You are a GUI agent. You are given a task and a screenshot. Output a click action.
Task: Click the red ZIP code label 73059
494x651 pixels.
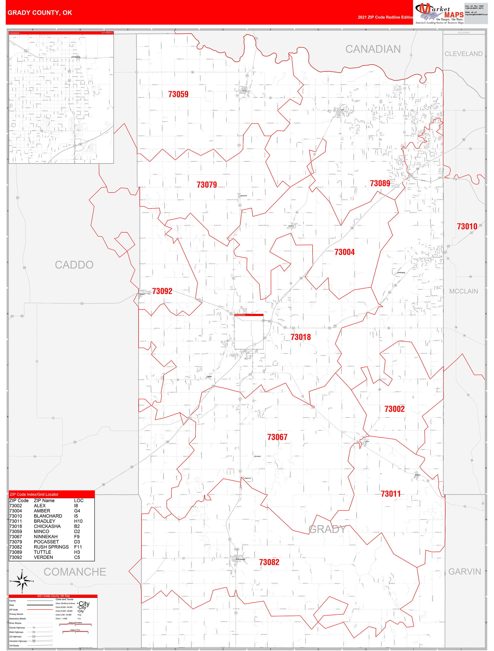(x=178, y=94)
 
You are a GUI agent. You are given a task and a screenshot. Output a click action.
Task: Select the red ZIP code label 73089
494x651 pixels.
(x=380, y=183)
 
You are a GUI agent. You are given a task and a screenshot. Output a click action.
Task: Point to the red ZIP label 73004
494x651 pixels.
(x=344, y=252)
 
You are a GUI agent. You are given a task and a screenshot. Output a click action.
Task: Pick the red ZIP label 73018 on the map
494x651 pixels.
(x=300, y=337)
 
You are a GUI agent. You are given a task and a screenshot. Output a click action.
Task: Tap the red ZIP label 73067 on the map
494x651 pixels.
(x=277, y=437)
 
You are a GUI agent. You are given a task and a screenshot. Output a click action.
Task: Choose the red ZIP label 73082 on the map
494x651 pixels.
(x=269, y=562)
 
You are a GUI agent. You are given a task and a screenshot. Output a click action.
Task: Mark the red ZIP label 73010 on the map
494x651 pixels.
(x=467, y=226)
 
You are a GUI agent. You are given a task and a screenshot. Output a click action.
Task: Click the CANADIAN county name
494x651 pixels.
(x=373, y=49)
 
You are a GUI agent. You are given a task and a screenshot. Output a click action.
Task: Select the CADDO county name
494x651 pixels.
(x=74, y=265)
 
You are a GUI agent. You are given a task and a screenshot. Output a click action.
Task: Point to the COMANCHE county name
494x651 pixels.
(x=75, y=572)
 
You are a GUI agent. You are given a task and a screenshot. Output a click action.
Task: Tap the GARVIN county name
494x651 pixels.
(x=464, y=572)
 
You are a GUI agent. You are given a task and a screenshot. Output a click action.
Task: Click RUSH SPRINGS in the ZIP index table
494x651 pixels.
(x=51, y=547)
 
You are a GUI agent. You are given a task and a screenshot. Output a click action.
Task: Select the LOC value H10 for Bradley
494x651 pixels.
(x=78, y=521)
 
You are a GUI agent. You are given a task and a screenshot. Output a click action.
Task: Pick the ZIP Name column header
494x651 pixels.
(x=44, y=501)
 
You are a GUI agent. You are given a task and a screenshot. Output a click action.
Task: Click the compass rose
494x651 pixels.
(x=22, y=581)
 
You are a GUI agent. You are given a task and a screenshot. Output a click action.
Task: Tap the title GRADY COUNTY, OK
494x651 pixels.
(x=40, y=13)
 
